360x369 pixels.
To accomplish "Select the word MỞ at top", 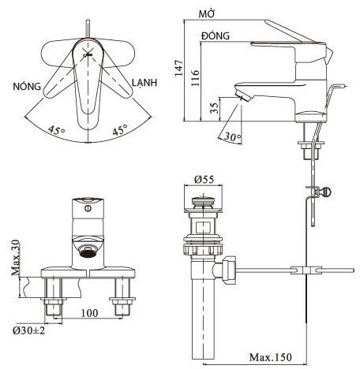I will (x=208, y=15).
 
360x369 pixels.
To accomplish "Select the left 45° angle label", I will (x=56, y=131).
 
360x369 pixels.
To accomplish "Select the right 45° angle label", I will (x=118, y=131).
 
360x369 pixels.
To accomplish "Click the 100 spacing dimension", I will (x=88, y=313).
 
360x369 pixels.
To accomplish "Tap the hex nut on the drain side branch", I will (x=230, y=270).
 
